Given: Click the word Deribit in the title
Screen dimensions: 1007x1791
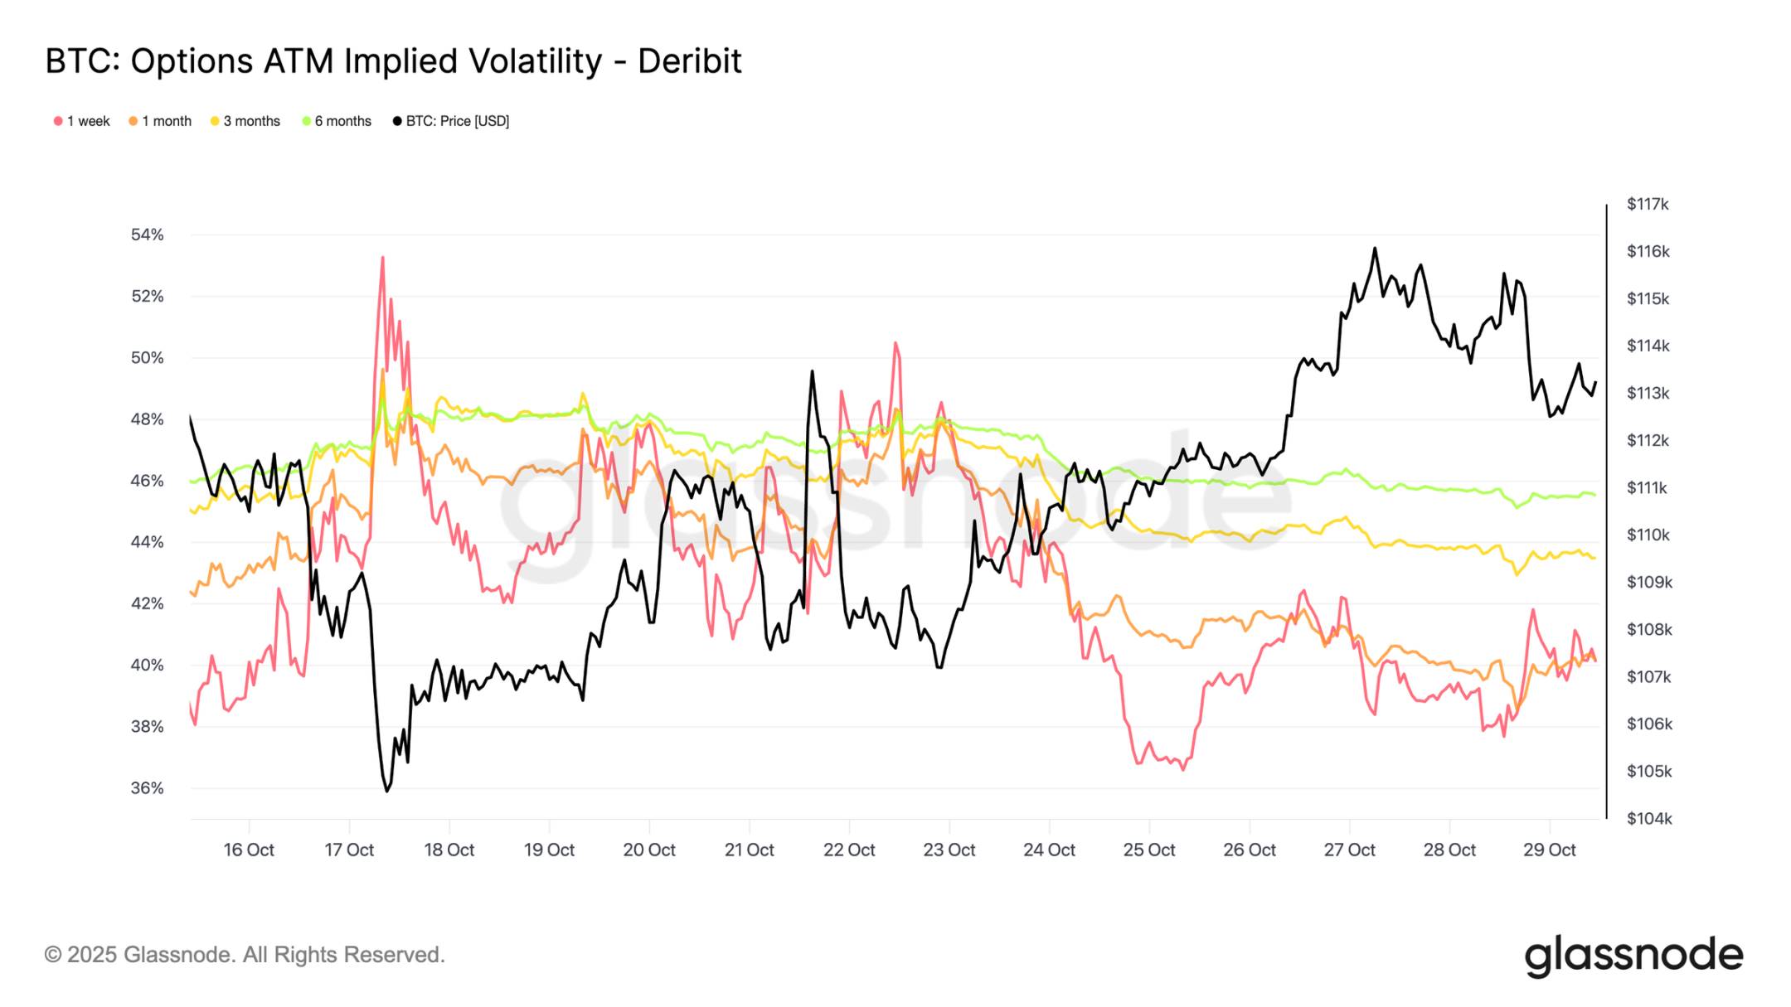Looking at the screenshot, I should (689, 61).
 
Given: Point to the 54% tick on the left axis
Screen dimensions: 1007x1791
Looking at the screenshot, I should (148, 235).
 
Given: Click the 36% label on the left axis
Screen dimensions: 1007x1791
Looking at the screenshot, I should (148, 788).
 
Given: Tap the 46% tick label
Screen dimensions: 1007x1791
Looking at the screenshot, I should (148, 481).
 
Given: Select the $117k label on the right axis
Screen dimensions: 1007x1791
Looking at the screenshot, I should (1648, 204).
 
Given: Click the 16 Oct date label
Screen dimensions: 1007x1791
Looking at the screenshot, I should (249, 850).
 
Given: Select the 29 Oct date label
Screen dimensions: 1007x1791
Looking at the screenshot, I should (1549, 850).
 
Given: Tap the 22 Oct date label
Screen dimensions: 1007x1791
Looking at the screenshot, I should (849, 850).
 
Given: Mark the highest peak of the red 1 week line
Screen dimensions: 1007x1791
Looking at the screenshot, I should (382, 258).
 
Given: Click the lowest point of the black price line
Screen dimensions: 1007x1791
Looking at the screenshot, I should (386, 791).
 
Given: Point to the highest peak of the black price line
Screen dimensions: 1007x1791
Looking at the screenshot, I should (1375, 248).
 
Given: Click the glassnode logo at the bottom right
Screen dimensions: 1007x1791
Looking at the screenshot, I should (1633, 956).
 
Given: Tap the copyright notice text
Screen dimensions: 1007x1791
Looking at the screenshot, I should (245, 955).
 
